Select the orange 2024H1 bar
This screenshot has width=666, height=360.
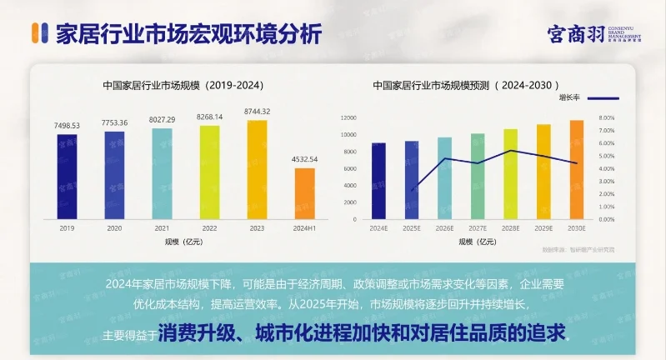pos(305,193)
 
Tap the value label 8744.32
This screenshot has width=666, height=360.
pos(257,112)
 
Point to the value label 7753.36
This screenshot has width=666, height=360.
pos(115,122)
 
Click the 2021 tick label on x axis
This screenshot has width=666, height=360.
pos(162,227)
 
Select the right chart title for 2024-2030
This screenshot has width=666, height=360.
pos(466,85)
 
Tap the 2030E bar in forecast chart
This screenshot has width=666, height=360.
pos(576,170)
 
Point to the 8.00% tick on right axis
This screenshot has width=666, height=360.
pos(606,117)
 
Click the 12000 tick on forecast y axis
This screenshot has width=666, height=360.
pos(348,117)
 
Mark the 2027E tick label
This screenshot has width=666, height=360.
pos(478,227)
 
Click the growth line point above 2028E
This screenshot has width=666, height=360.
pos(511,151)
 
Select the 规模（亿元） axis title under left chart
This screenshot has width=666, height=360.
pos(185,242)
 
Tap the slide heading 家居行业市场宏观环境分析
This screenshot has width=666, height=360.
pos(187,34)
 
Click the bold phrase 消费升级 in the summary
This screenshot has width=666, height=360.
pos(198,333)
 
